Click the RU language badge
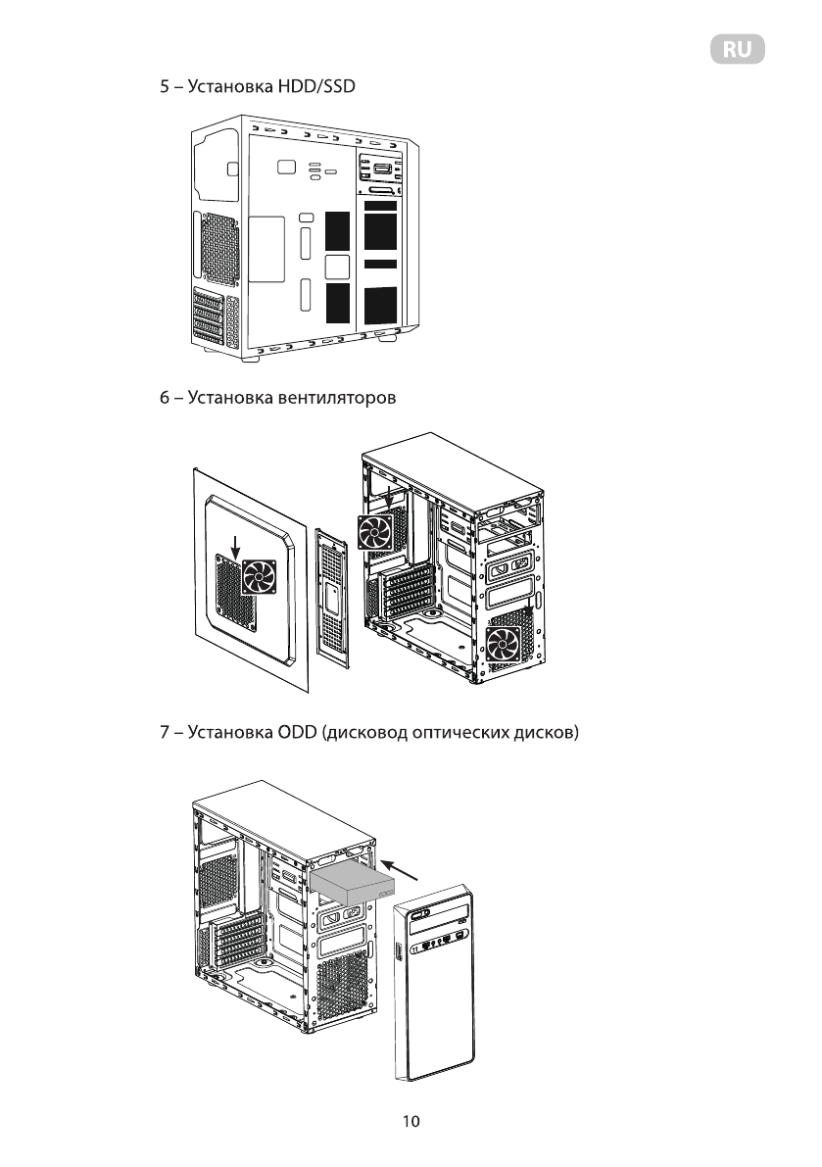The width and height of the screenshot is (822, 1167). [737, 50]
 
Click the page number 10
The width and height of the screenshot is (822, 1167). [411, 1122]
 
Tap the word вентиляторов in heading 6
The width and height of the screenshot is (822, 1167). [340, 399]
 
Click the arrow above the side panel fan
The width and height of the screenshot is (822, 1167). [236, 544]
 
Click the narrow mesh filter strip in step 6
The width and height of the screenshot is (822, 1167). [333, 598]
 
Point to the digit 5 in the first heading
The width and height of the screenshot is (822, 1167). [165, 87]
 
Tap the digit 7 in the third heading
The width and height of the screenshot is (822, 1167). [165, 732]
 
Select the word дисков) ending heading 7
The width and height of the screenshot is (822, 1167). [555, 732]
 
